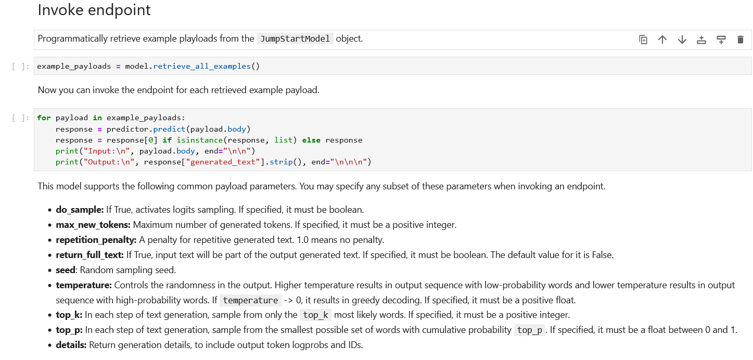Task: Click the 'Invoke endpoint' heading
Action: tap(94, 10)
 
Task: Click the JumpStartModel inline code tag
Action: tap(295, 38)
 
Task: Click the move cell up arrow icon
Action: tap(662, 40)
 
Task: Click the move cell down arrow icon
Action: tap(682, 40)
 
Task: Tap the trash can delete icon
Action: tap(741, 40)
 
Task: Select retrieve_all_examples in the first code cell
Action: tap(202, 66)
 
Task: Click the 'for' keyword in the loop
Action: tap(44, 118)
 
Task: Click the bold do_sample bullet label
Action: tap(80, 210)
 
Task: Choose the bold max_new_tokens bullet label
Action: tap(93, 225)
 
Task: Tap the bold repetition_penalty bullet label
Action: tap(96, 240)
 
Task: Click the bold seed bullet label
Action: tap(65, 270)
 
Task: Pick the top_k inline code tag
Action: tap(315, 315)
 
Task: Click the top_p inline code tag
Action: tap(529, 330)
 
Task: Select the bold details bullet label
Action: tap(71, 345)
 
